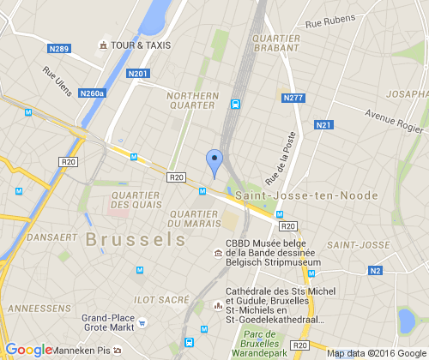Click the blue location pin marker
(x=214, y=161)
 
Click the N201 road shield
(x=137, y=74)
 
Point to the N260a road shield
(x=91, y=93)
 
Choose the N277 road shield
(x=293, y=99)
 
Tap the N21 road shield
(x=323, y=125)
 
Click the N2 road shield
(x=375, y=271)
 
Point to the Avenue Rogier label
(x=394, y=123)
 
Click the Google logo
(x=27, y=349)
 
